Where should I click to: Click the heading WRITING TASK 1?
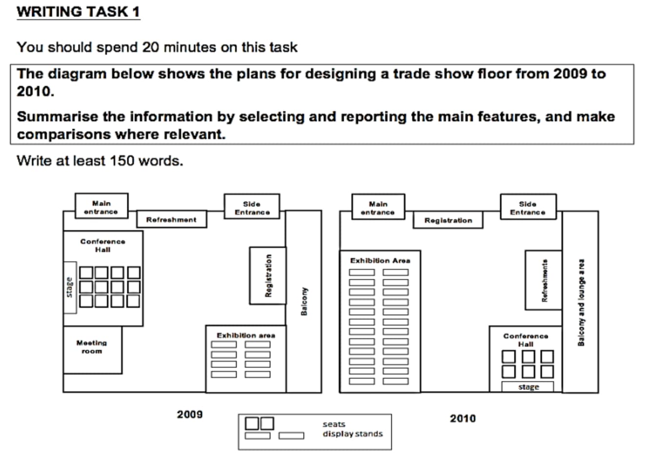click(78, 12)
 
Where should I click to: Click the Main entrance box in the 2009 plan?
click(102, 207)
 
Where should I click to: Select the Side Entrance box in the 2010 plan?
click(528, 207)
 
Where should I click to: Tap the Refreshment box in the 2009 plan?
click(171, 220)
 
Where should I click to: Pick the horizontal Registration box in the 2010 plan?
click(448, 220)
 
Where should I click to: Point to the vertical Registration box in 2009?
click(267, 275)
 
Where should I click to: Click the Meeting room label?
click(92, 347)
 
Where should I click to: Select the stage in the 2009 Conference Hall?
click(70, 287)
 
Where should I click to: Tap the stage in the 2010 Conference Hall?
click(528, 387)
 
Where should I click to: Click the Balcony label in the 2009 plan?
click(304, 301)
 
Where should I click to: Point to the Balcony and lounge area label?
click(581, 302)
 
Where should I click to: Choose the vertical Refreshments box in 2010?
click(544, 280)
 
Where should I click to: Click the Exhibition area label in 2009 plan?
click(245, 335)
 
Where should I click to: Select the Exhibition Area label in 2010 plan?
click(380, 261)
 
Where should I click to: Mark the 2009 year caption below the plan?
click(189, 415)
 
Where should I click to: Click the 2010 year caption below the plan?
click(463, 418)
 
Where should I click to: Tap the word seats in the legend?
click(334, 424)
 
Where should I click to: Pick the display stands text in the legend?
click(352, 434)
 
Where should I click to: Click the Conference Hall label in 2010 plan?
click(526, 340)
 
